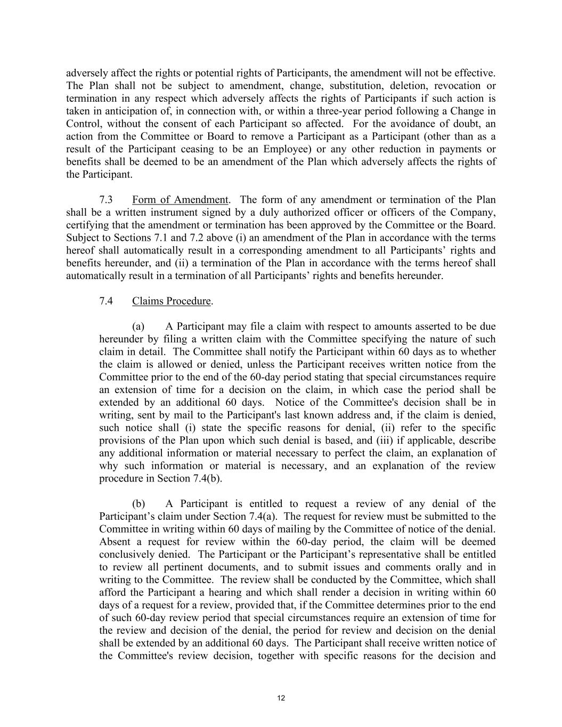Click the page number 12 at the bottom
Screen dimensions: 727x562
(x=281, y=699)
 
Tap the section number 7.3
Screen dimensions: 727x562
(x=106, y=200)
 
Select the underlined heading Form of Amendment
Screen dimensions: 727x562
(x=180, y=200)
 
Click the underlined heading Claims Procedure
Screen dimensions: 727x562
(x=172, y=301)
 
